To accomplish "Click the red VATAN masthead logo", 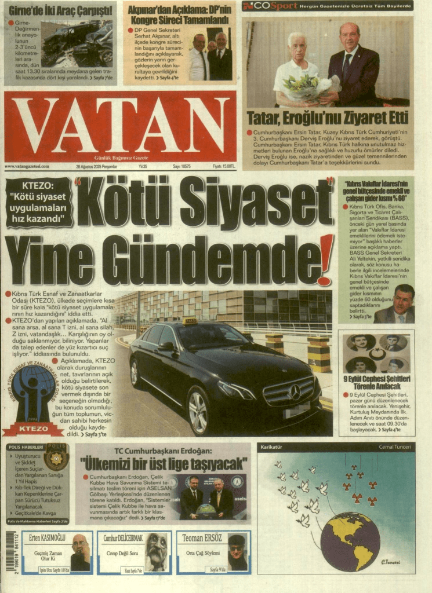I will (x=120, y=133).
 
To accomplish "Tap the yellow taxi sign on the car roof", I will (x=190, y=321).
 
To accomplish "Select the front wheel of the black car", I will (x=198, y=412).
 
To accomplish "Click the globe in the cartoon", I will (x=350, y=541).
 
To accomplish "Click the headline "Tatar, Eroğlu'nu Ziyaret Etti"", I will (x=328, y=118).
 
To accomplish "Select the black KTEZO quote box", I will (x=39, y=202).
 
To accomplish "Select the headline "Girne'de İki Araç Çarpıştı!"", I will (x=60, y=10).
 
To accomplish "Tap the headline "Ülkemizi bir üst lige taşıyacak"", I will (x=165, y=464).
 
